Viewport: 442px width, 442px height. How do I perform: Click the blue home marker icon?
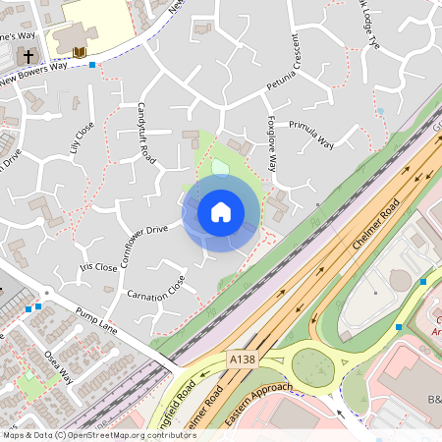tap(221, 211)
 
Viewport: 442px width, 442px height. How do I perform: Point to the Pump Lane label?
tap(95, 321)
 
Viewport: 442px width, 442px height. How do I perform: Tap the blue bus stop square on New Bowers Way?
tap(92, 65)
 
